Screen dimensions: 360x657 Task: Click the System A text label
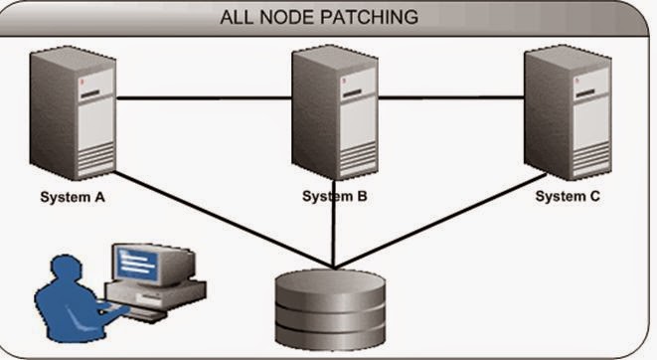[73, 196]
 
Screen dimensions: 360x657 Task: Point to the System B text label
[335, 196]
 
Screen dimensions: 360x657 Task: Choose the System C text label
[568, 196]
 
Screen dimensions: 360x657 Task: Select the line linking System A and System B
[204, 98]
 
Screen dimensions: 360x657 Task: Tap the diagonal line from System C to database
[447, 224]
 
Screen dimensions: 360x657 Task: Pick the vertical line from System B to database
[335, 234]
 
